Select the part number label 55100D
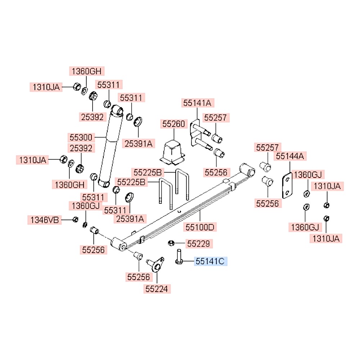[200, 227]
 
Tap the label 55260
[174, 124]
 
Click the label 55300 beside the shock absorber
[81, 137]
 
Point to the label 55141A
[197, 103]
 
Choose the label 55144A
[290, 156]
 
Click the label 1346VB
[45, 220]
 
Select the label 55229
[199, 244]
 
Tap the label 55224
[157, 289]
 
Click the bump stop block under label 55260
[172, 152]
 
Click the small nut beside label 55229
[171, 243]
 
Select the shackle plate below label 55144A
[287, 185]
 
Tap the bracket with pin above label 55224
[156, 265]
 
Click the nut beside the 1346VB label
[75, 220]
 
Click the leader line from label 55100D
[200, 216]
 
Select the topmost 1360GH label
[86, 71]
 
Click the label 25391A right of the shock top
[139, 144]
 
